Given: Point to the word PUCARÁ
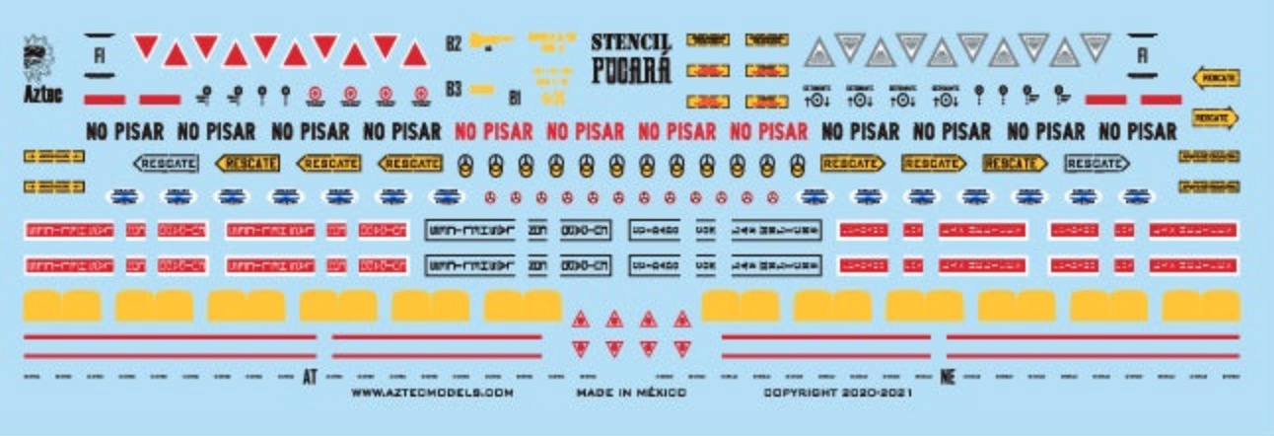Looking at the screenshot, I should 631,71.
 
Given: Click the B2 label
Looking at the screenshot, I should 454,44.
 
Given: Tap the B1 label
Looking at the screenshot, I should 514,97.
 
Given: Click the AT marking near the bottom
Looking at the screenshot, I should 311,377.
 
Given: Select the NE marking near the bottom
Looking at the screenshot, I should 949,377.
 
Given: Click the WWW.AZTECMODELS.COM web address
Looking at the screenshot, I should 432,393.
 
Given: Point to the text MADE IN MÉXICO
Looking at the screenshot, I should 632,393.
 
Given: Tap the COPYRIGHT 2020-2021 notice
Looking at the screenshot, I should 838,393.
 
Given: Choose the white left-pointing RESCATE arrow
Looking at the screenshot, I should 165,164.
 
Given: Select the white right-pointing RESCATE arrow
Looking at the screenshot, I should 1095,164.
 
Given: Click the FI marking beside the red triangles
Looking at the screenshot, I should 99,55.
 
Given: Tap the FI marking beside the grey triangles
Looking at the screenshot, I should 1142,55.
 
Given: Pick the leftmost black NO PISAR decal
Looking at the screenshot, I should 125,131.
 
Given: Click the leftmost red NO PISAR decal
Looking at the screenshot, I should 492,131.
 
